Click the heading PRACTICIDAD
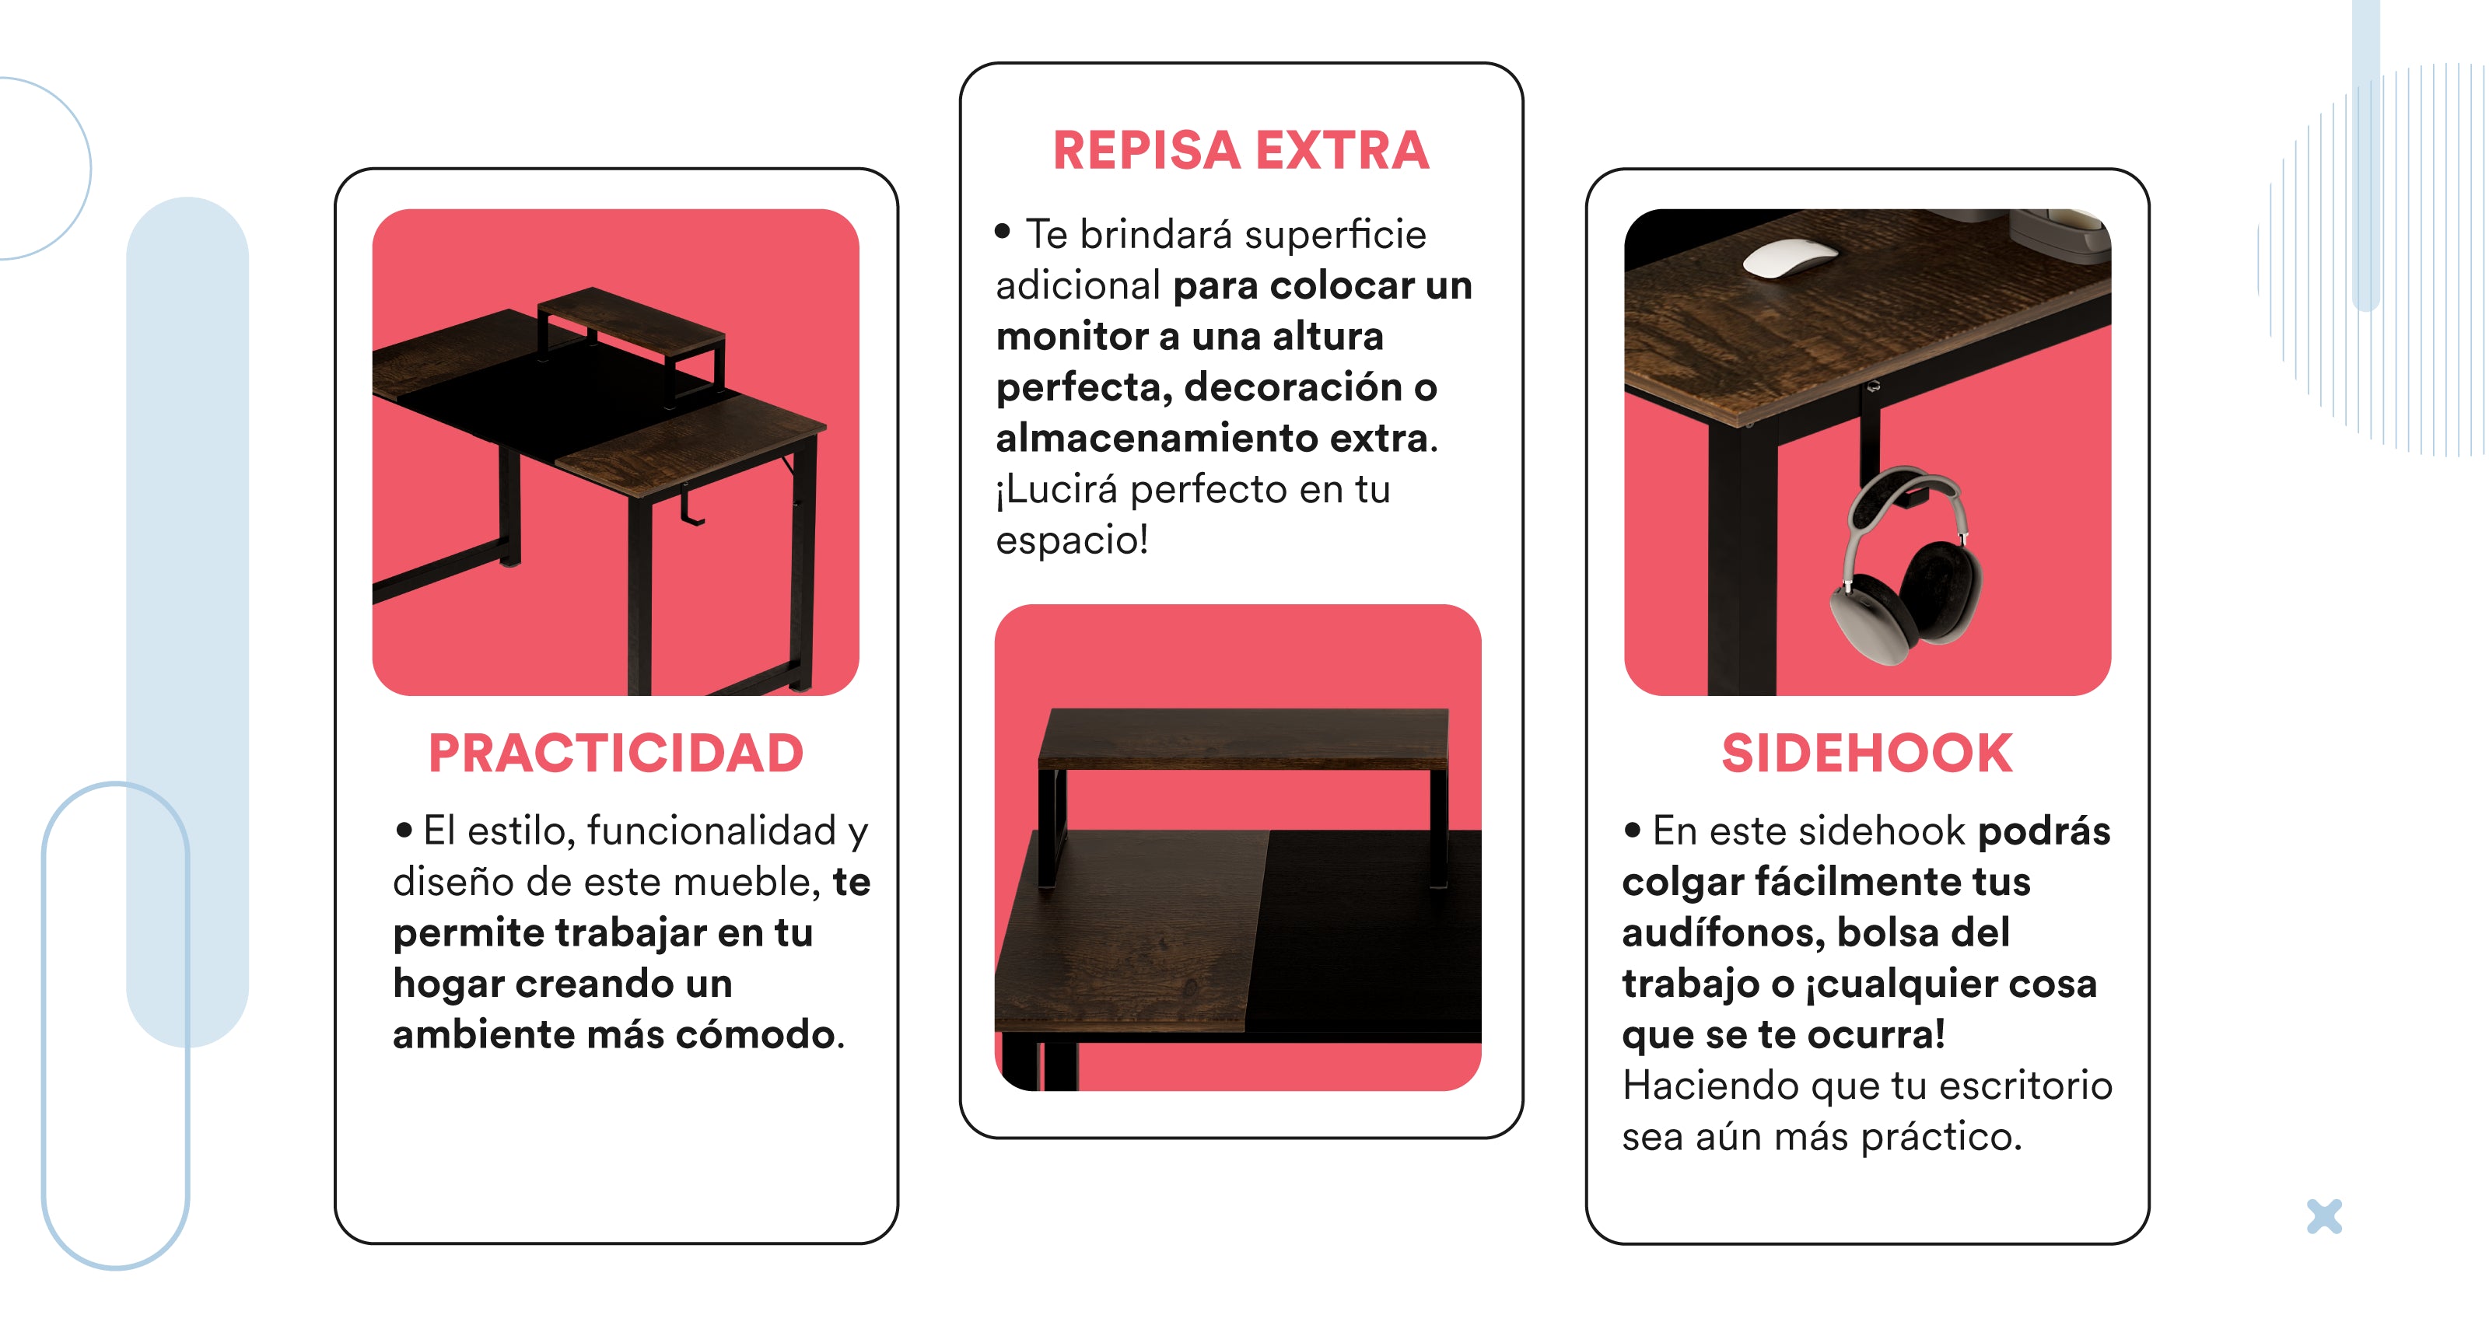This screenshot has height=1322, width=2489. point(615,754)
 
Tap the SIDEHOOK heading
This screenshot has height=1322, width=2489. point(1867,754)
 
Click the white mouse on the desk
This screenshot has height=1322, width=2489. point(1790,258)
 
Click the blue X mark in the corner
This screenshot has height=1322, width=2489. point(2324,1217)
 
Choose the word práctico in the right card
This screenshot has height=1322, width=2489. point(1941,1138)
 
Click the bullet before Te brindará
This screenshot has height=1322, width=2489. point(1003,231)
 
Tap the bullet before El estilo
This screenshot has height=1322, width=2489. point(404,829)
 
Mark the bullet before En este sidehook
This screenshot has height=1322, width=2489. point(1633,829)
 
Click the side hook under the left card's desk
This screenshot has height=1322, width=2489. point(689,505)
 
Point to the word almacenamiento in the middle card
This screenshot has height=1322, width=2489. point(1157,439)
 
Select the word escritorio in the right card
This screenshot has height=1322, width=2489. point(2025,1086)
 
